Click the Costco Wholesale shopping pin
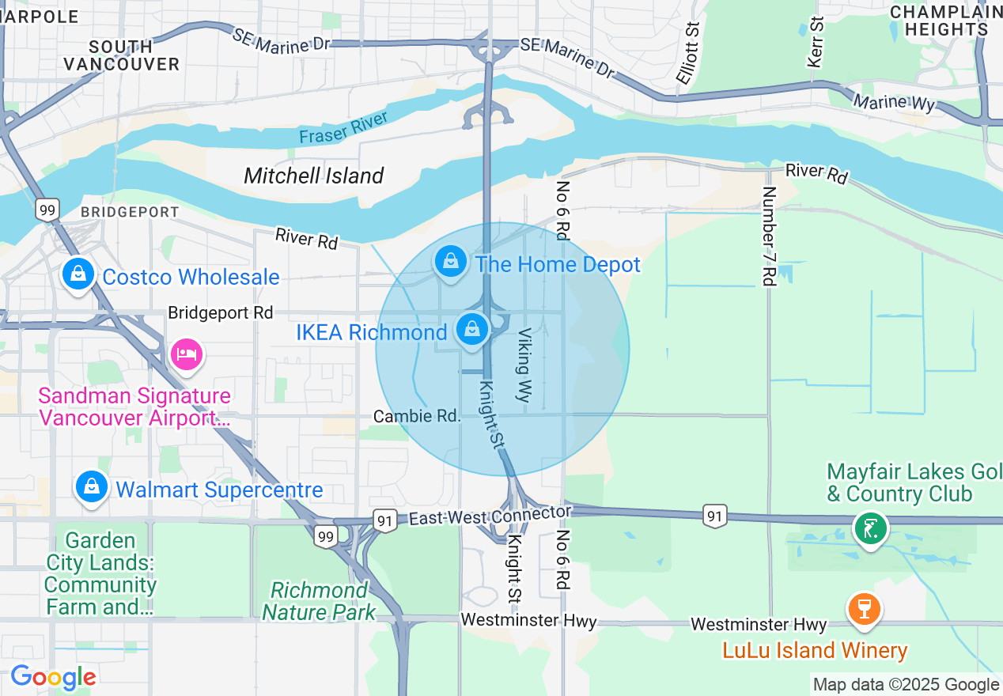click(x=78, y=274)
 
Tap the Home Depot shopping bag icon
click(x=451, y=261)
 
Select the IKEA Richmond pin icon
click(x=472, y=329)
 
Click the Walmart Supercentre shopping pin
click(x=93, y=487)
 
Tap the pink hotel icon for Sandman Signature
click(x=187, y=354)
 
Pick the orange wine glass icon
click(x=864, y=609)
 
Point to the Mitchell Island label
click(x=314, y=176)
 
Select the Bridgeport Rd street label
click(x=220, y=313)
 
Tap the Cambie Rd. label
click(x=417, y=416)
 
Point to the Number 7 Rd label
click(x=769, y=236)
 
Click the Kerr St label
click(x=816, y=41)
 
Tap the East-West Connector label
click(x=489, y=516)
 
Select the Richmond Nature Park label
click(x=319, y=601)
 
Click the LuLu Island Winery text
click(x=815, y=651)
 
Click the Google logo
click(x=53, y=678)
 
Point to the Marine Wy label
click(x=894, y=101)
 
